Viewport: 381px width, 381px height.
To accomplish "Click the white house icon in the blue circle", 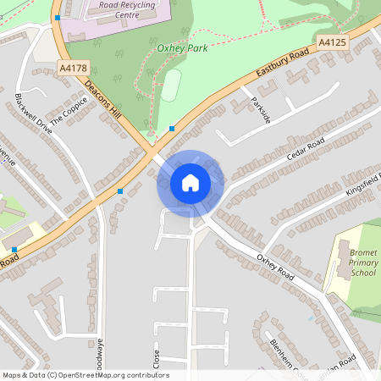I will pyautogui.click(x=190, y=183).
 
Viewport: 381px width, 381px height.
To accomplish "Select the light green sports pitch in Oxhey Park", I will pyautogui.click(x=171, y=86).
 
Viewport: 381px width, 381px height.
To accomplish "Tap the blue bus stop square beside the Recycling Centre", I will pyautogui.click(x=58, y=17).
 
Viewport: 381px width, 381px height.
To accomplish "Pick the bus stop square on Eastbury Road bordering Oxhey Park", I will pyautogui.click(x=172, y=129).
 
